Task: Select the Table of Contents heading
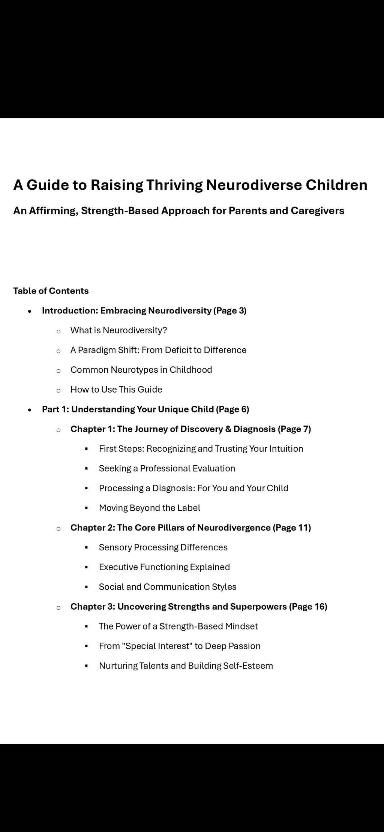[51, 291]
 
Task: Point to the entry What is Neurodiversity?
[118, 330]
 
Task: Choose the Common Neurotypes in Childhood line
[141, 370]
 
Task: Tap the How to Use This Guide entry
[116, 390]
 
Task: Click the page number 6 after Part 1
[244, 409]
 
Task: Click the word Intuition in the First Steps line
[286, 449]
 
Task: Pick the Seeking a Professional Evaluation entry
[167, 469]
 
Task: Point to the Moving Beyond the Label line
[149, 508]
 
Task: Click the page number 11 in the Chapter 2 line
[303, 528]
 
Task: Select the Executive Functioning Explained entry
[164, 567]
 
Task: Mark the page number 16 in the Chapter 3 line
[320, 607]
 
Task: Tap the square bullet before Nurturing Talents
[87, 666]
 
